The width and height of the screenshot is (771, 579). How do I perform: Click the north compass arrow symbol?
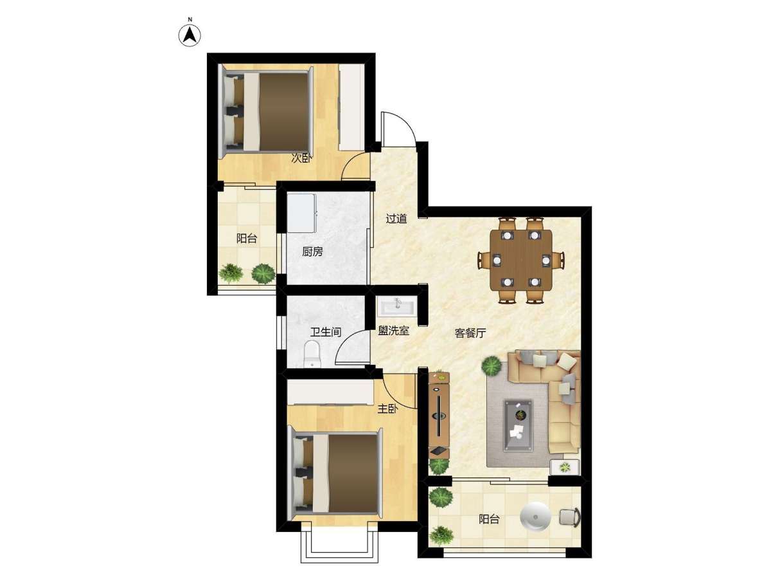pyautogui.click(x=190, y=35)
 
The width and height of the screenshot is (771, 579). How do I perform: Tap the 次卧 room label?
pyautogui.click(x=301, y=158)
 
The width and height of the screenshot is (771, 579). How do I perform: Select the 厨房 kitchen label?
pyautogui.click(x=312, y=252)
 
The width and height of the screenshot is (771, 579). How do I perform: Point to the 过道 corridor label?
pyautogui.click(x=396, y=219)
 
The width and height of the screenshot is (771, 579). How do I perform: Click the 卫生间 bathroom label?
pyautogui.click(x=326, y=332)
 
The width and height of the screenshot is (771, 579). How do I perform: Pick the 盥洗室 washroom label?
pyautogui.click(x=393, y=331)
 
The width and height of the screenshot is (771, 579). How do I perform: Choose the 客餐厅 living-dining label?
pyautogui.click(x=470, y=333)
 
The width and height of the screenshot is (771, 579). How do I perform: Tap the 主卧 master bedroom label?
pyautogui.click(x=387, y=409)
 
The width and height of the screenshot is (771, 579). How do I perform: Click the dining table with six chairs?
pyautogui.click(x=520, y=260)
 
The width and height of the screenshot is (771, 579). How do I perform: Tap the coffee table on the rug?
pyautogui.click(x=518, y=426)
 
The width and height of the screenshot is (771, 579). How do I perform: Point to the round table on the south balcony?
pyautogui.click(x=535, y=517)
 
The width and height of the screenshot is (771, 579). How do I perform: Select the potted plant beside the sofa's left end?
pyautogui.click(x=492, y=365)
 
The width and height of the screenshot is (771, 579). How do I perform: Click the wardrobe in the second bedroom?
pyautogui.click(x=351, y=107)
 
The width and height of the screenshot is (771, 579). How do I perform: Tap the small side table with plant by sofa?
pyautogui.click(x=565, y=467)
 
